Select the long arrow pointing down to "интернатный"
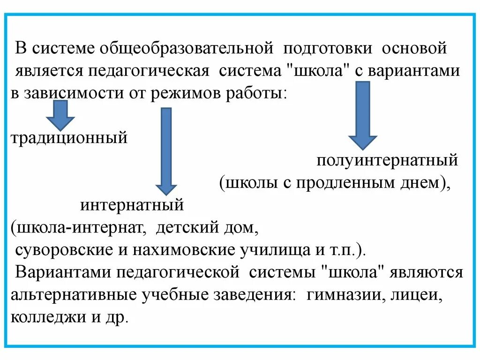[166, 150]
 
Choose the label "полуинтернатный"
[387, 161]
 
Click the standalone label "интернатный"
[132, 205]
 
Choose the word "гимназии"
[341, 295]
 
